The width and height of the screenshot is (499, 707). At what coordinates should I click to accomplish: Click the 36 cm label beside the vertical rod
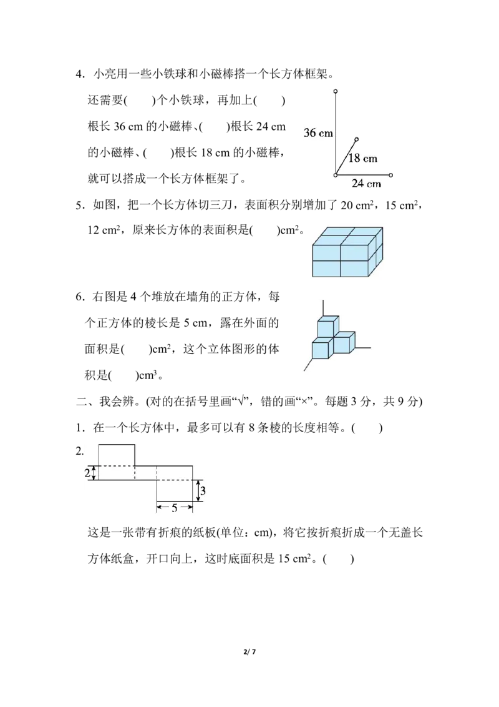[318, 133]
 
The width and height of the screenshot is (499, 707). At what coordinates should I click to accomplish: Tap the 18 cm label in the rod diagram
[362, 158]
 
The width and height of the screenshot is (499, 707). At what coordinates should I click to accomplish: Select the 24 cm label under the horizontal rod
[366, 184]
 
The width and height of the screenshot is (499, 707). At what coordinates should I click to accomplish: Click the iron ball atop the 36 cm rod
[336, 92]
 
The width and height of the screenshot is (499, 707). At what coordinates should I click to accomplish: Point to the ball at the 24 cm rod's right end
[391, 175]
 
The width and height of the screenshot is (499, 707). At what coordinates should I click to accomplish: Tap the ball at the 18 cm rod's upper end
[357, 140]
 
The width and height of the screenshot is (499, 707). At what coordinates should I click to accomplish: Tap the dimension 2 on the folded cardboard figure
[87, 473]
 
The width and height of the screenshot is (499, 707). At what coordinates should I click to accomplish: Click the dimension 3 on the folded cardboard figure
[203, 490]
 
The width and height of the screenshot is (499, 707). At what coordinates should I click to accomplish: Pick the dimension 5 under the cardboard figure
[174, 508]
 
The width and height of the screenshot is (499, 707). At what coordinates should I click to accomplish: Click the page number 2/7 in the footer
[249, 651]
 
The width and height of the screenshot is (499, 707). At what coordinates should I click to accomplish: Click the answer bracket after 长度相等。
[367, 427]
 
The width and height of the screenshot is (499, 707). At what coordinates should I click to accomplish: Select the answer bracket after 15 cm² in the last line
[339, 559]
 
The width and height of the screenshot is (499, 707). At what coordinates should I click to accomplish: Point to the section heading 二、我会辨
[109, 402]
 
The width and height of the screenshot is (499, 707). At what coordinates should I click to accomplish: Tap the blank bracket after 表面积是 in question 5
[264, 231]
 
